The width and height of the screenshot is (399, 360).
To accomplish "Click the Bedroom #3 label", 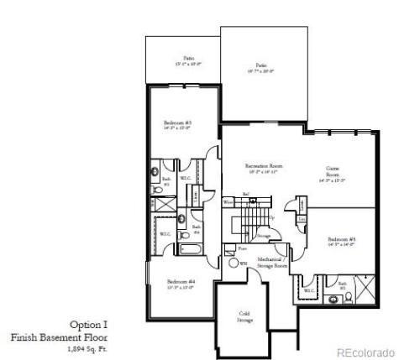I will click(178, 125).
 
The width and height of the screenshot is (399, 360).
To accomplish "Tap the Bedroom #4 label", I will click(180, 283).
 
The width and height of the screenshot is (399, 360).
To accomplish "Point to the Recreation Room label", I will click(263, 167).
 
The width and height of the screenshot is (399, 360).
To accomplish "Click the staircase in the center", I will click(247, 222).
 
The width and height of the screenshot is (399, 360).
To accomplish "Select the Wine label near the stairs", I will click(227, 202).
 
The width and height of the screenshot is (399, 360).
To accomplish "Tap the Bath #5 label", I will click(343, 285).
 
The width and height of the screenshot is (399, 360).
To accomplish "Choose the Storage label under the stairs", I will click(263, 237).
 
